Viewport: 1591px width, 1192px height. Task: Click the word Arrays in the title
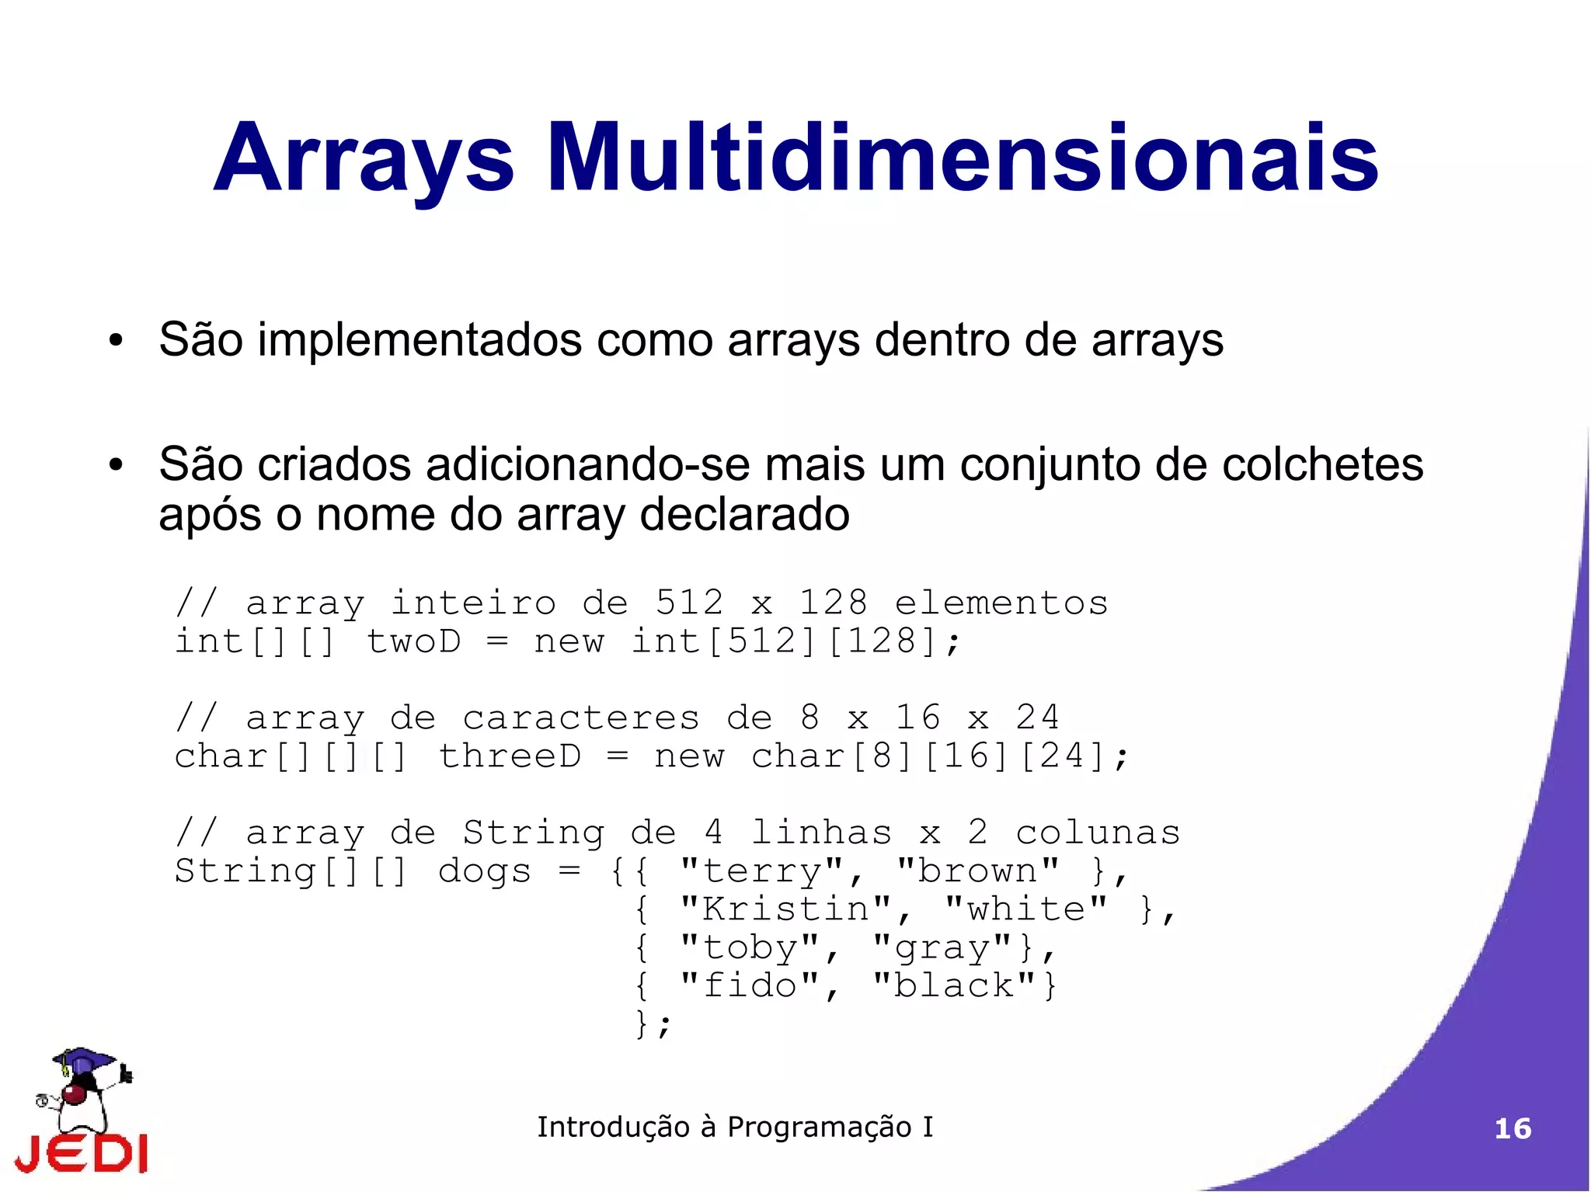[x=364, y=158]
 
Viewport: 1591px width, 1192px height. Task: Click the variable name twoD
[x=413, y=641]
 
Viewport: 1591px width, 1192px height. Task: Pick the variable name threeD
[x=510, y=756]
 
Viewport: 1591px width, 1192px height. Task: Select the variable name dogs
[x=485, y=871]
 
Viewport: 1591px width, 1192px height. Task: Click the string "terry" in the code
[x=761, y=871]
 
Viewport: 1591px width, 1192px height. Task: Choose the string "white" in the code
[x=1025, y=909]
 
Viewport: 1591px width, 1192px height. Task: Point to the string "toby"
[x=750, y=947]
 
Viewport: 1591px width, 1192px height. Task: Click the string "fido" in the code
[x=750, y=985]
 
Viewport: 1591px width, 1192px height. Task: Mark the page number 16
[x=1513, y=1128]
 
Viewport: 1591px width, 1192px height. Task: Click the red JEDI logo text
[x=81, y=1154]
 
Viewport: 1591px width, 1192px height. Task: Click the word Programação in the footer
[x=819, y=1127]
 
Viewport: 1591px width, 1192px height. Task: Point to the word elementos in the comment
[x=1001, y=603]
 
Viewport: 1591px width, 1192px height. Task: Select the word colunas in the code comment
[x=1098, y=833]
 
